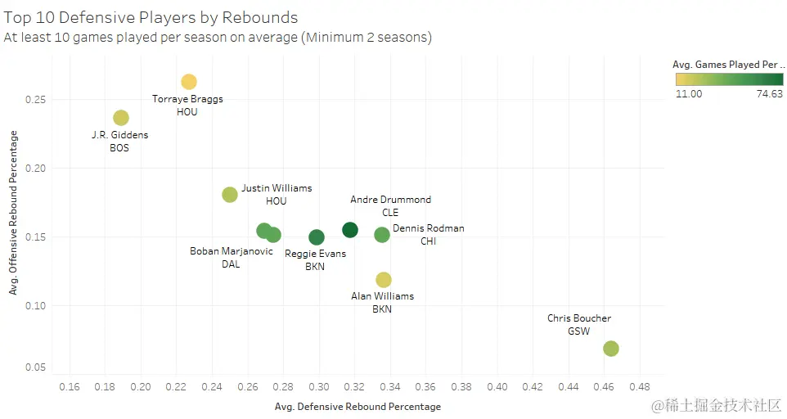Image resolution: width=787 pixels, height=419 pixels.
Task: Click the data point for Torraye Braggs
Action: click(189, 82)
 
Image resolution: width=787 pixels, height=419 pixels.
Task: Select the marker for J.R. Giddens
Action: click(121, 118)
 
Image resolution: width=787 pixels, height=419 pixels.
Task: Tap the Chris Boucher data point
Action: click(610, 349)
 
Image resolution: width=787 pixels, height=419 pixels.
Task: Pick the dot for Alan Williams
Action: click(383, 280)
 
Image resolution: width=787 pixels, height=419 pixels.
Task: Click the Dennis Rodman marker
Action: click(382, 235)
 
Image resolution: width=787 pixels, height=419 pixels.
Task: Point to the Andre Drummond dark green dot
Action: click(350, 230)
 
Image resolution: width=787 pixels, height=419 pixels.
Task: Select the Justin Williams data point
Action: click(230, 195)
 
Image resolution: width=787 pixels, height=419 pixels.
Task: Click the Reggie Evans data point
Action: click(317, 237)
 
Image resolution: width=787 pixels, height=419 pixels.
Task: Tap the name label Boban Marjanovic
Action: click(232, 251)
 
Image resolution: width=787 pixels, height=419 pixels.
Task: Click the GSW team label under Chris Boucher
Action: click(578, 331)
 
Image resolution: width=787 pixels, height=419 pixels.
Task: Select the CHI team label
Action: click(429, 241)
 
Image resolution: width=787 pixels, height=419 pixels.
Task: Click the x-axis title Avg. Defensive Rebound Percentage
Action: click(358, 407)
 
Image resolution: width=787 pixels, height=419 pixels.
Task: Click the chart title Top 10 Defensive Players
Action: click(151, 17)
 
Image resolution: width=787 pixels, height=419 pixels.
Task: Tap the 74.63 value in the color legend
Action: click(769, 94)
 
